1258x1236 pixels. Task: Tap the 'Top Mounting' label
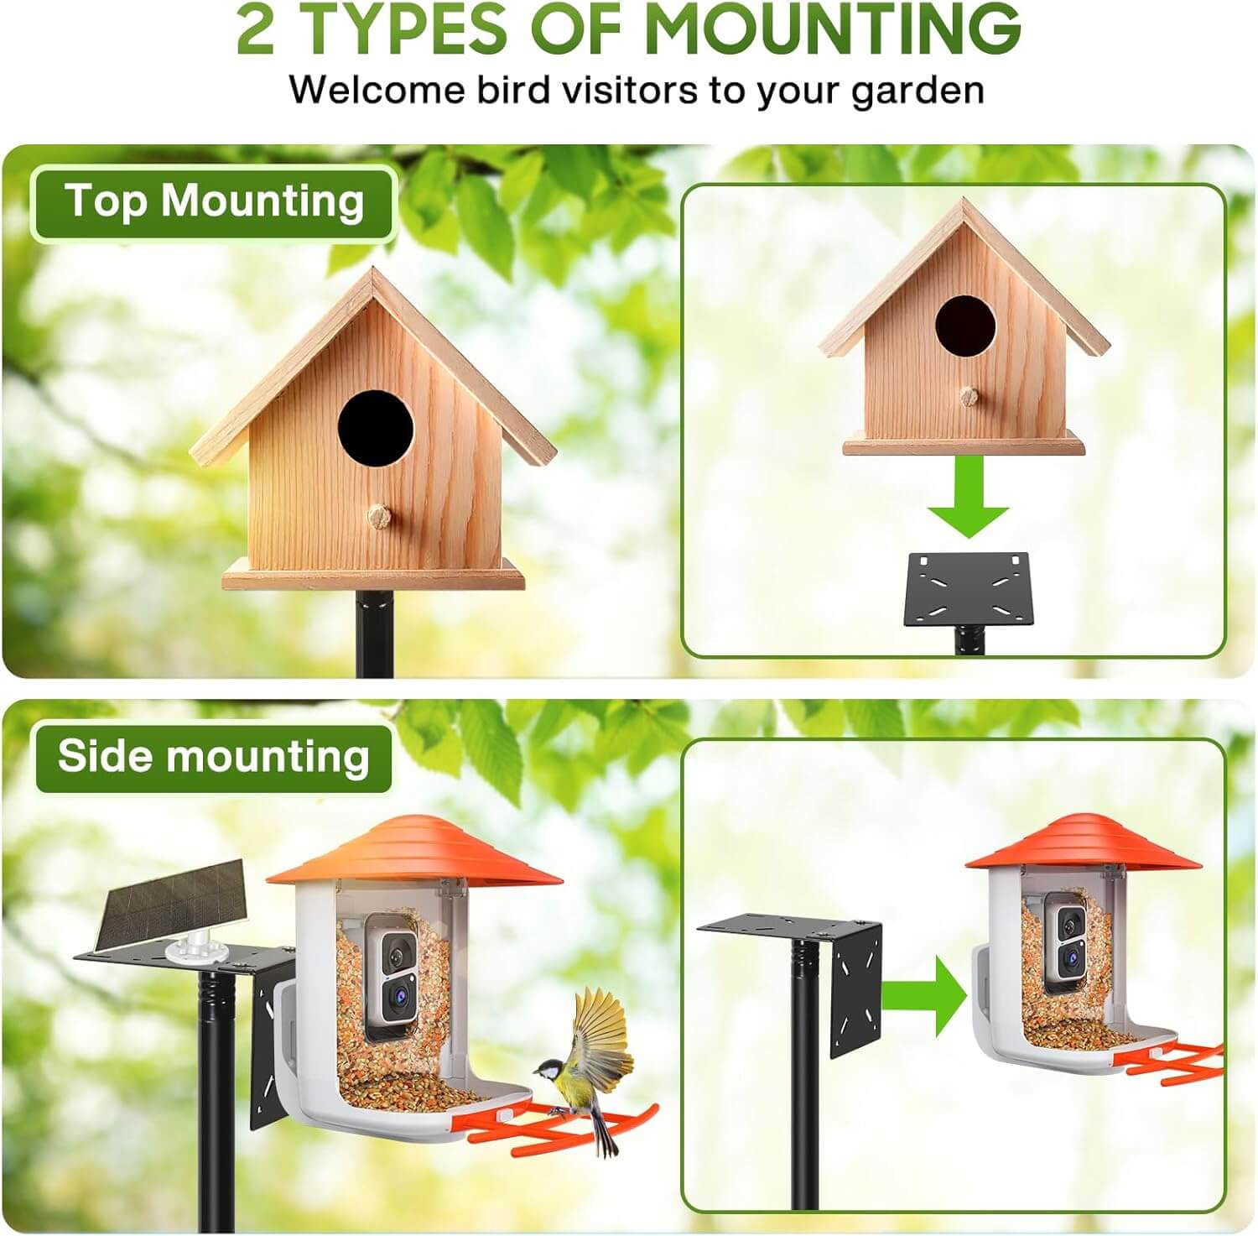215,203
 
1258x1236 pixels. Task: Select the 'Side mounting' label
214,758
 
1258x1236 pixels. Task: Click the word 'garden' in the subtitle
918,91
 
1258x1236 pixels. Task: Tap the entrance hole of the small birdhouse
965,322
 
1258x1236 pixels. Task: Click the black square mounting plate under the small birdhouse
966,588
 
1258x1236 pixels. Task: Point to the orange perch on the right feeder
1174,1061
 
